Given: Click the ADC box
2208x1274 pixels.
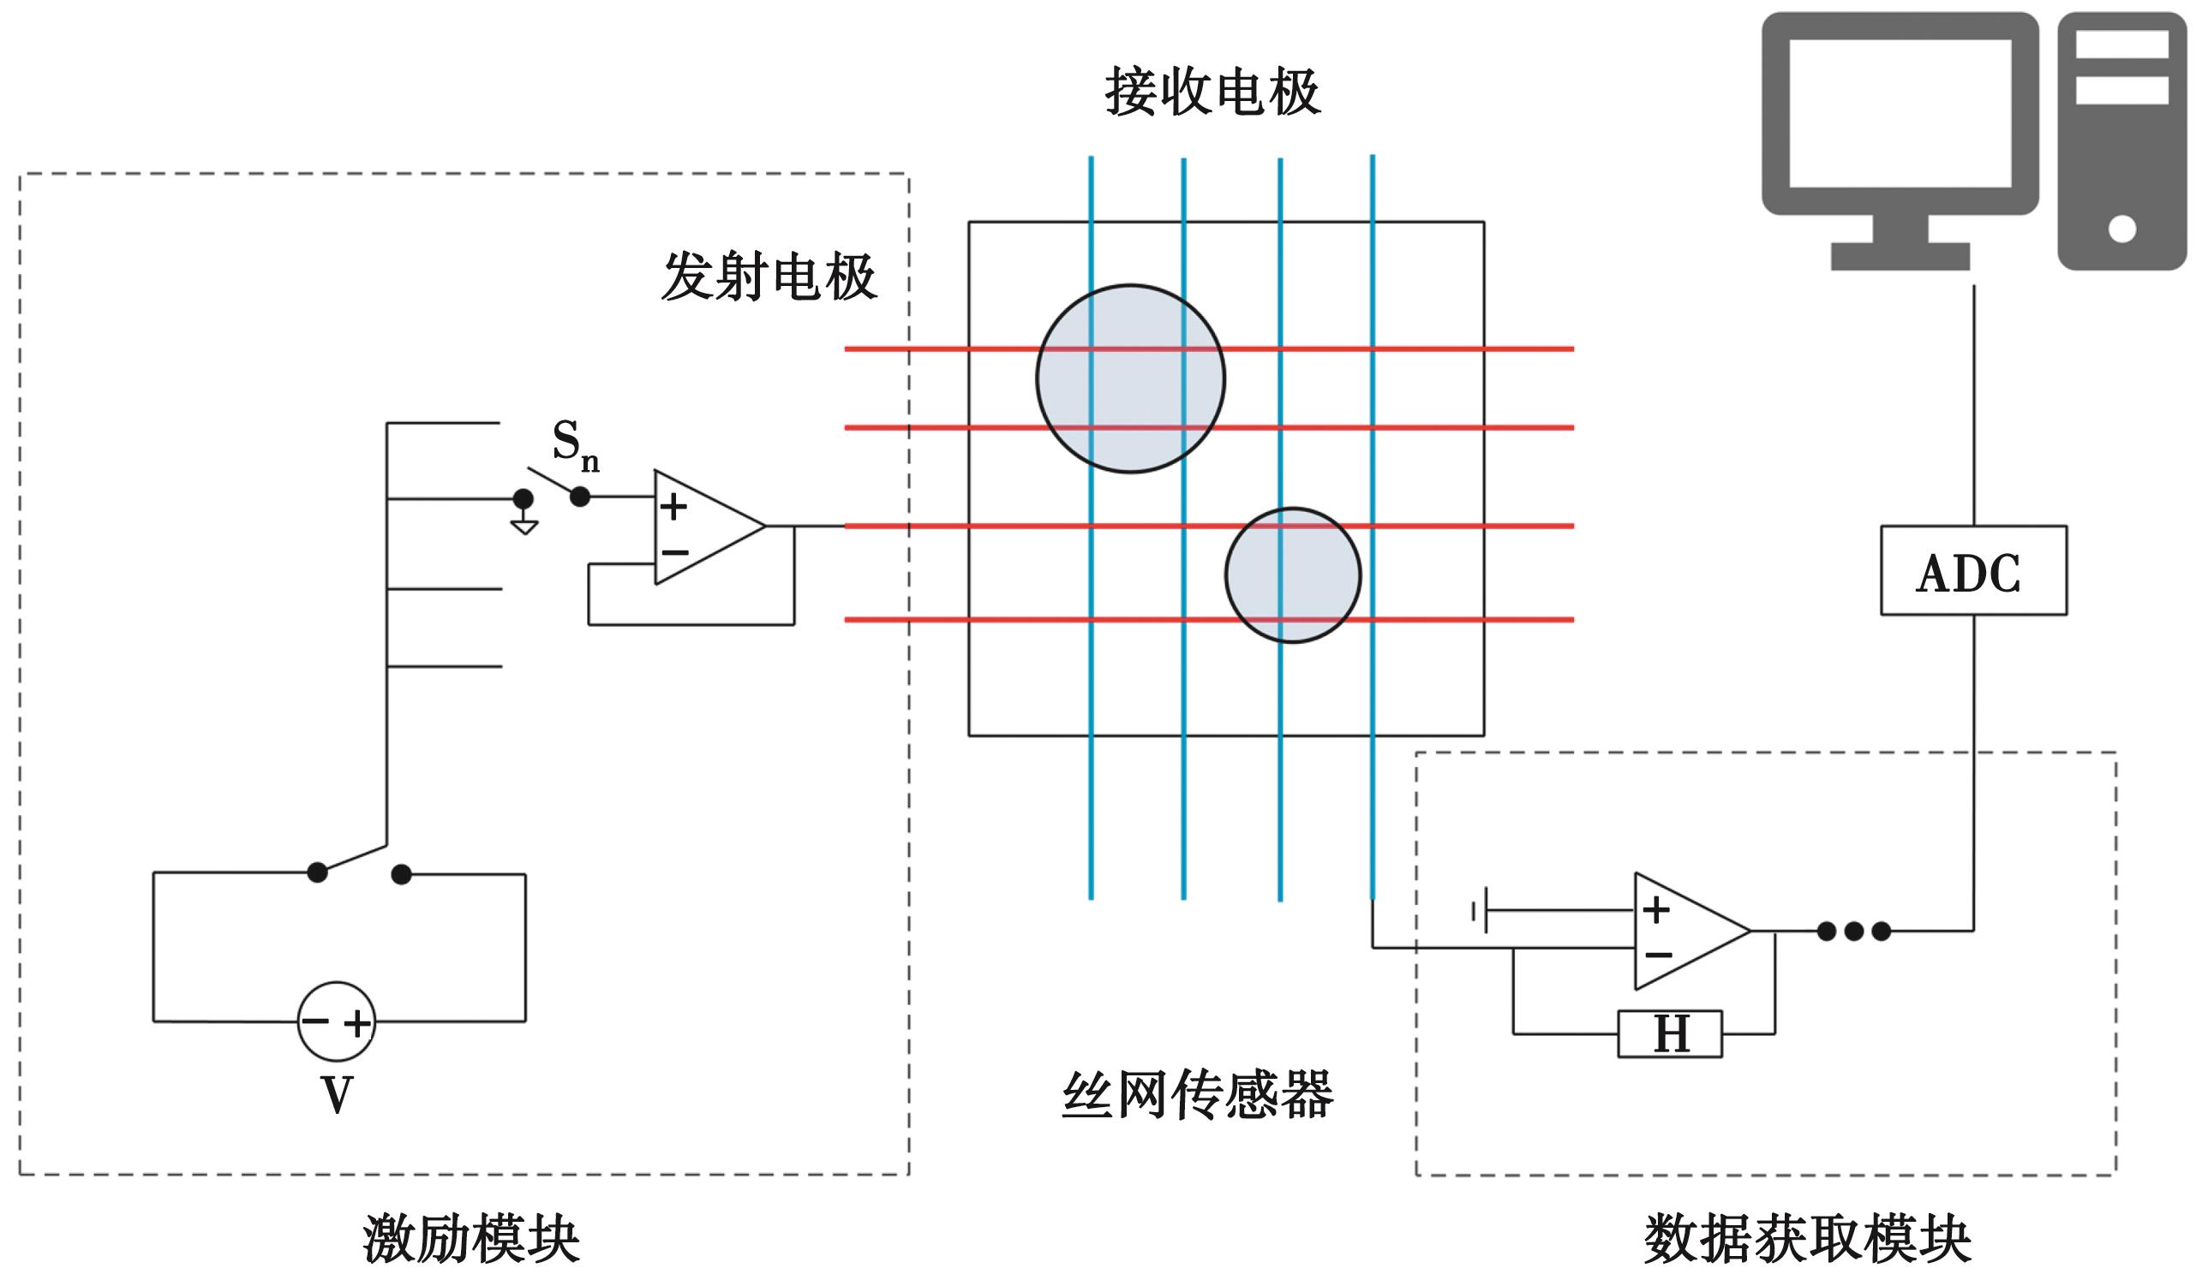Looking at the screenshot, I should (1973, 570).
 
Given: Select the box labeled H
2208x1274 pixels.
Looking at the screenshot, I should (1670, 1033).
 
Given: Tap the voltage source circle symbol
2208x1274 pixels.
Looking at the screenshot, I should (336, 1021).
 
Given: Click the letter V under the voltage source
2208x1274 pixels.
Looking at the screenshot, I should (337, 1093).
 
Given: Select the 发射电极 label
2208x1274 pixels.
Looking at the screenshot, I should (769, 277).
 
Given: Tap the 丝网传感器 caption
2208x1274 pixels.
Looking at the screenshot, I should (1197, 1094).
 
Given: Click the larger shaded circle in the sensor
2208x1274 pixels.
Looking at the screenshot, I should (1130, 379).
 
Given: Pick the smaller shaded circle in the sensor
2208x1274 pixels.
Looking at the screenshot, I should (1292, 574).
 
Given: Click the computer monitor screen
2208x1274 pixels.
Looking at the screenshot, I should (1899, 114).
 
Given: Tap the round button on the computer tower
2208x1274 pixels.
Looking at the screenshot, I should (2121, 229).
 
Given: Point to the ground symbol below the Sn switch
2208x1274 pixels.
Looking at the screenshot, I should (524, 527).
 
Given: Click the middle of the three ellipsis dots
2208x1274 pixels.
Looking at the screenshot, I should (1853, 932).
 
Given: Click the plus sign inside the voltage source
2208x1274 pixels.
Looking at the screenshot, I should (356, 1023).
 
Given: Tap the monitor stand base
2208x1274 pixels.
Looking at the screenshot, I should (1900, 256).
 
